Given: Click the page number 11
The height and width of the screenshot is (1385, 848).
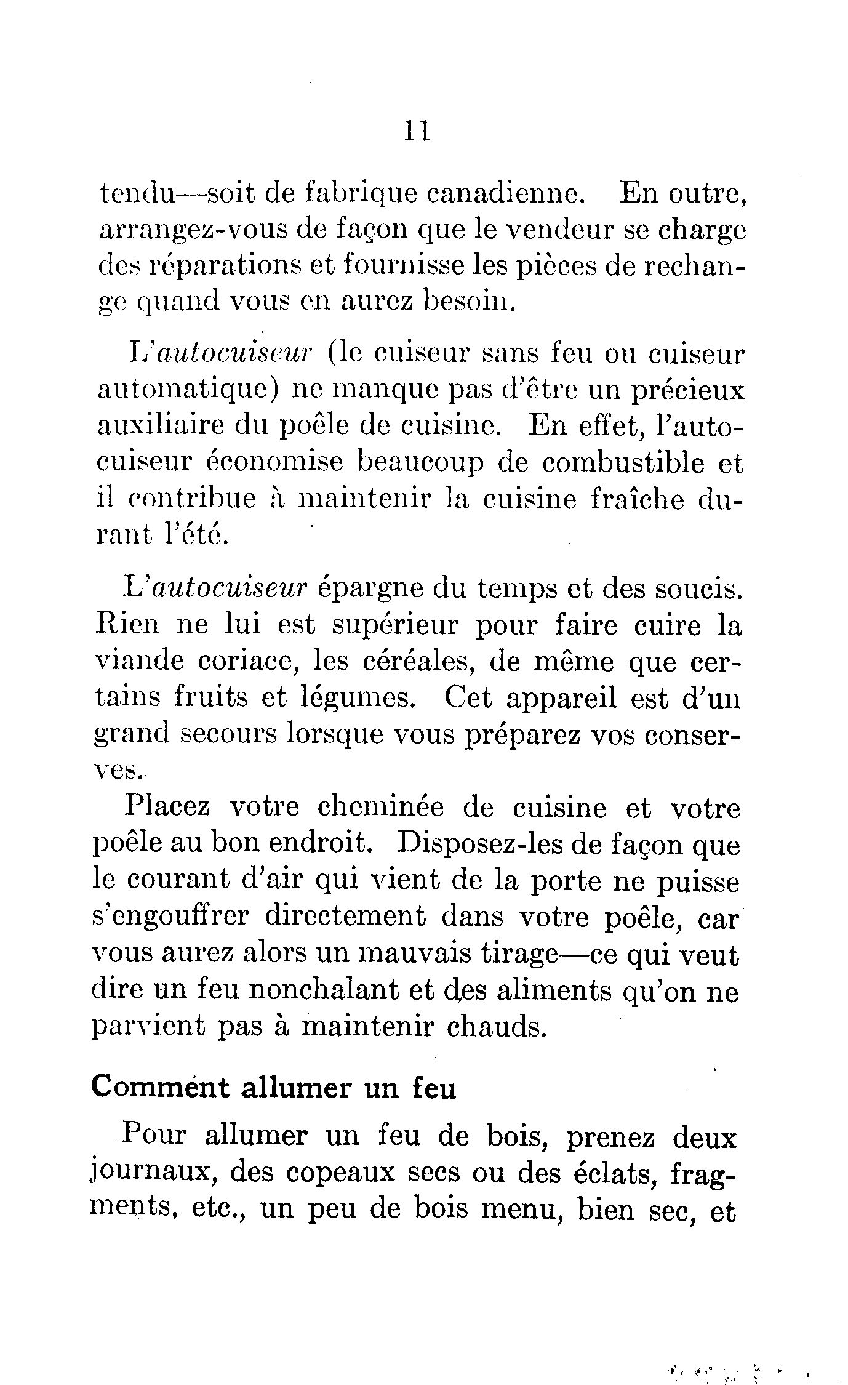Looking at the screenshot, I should (x=417, y=131).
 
